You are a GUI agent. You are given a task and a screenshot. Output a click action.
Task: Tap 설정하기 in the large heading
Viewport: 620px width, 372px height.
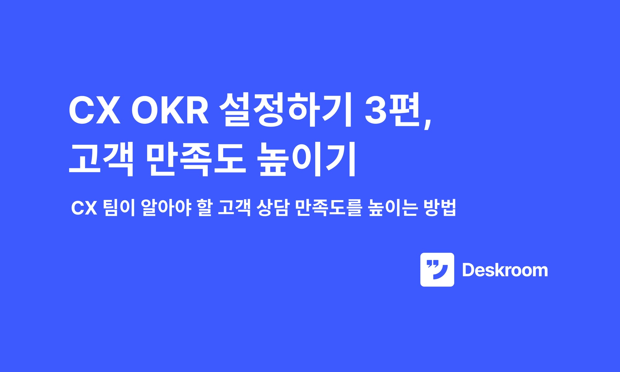286,110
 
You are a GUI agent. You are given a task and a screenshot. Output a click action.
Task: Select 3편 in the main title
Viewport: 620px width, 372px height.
392,110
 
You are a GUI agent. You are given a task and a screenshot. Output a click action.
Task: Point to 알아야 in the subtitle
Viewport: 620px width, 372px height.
166,207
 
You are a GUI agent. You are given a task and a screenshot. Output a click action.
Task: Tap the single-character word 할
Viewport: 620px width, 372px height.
204,207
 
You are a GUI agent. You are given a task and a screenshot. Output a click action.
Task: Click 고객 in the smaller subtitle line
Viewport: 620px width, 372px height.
234,207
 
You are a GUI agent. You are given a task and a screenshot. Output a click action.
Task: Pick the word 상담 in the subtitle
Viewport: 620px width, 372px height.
273,207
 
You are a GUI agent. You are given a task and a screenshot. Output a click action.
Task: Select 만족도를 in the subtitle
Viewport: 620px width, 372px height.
329,207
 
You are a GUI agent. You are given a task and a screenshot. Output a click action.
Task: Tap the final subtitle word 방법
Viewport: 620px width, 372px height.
440,207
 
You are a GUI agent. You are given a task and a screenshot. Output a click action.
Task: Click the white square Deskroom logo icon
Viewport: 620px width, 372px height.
437,269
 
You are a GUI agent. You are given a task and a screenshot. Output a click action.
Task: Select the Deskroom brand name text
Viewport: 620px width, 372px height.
505,270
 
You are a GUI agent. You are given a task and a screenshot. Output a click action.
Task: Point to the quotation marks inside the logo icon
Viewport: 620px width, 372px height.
431,264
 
